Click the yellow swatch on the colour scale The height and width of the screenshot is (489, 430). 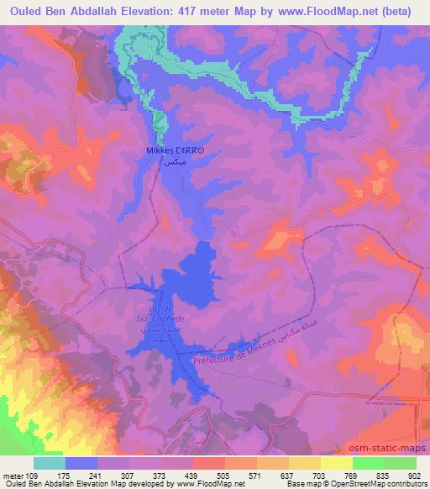click(335, 464)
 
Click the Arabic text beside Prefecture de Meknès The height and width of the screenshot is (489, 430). click(302, 323)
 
